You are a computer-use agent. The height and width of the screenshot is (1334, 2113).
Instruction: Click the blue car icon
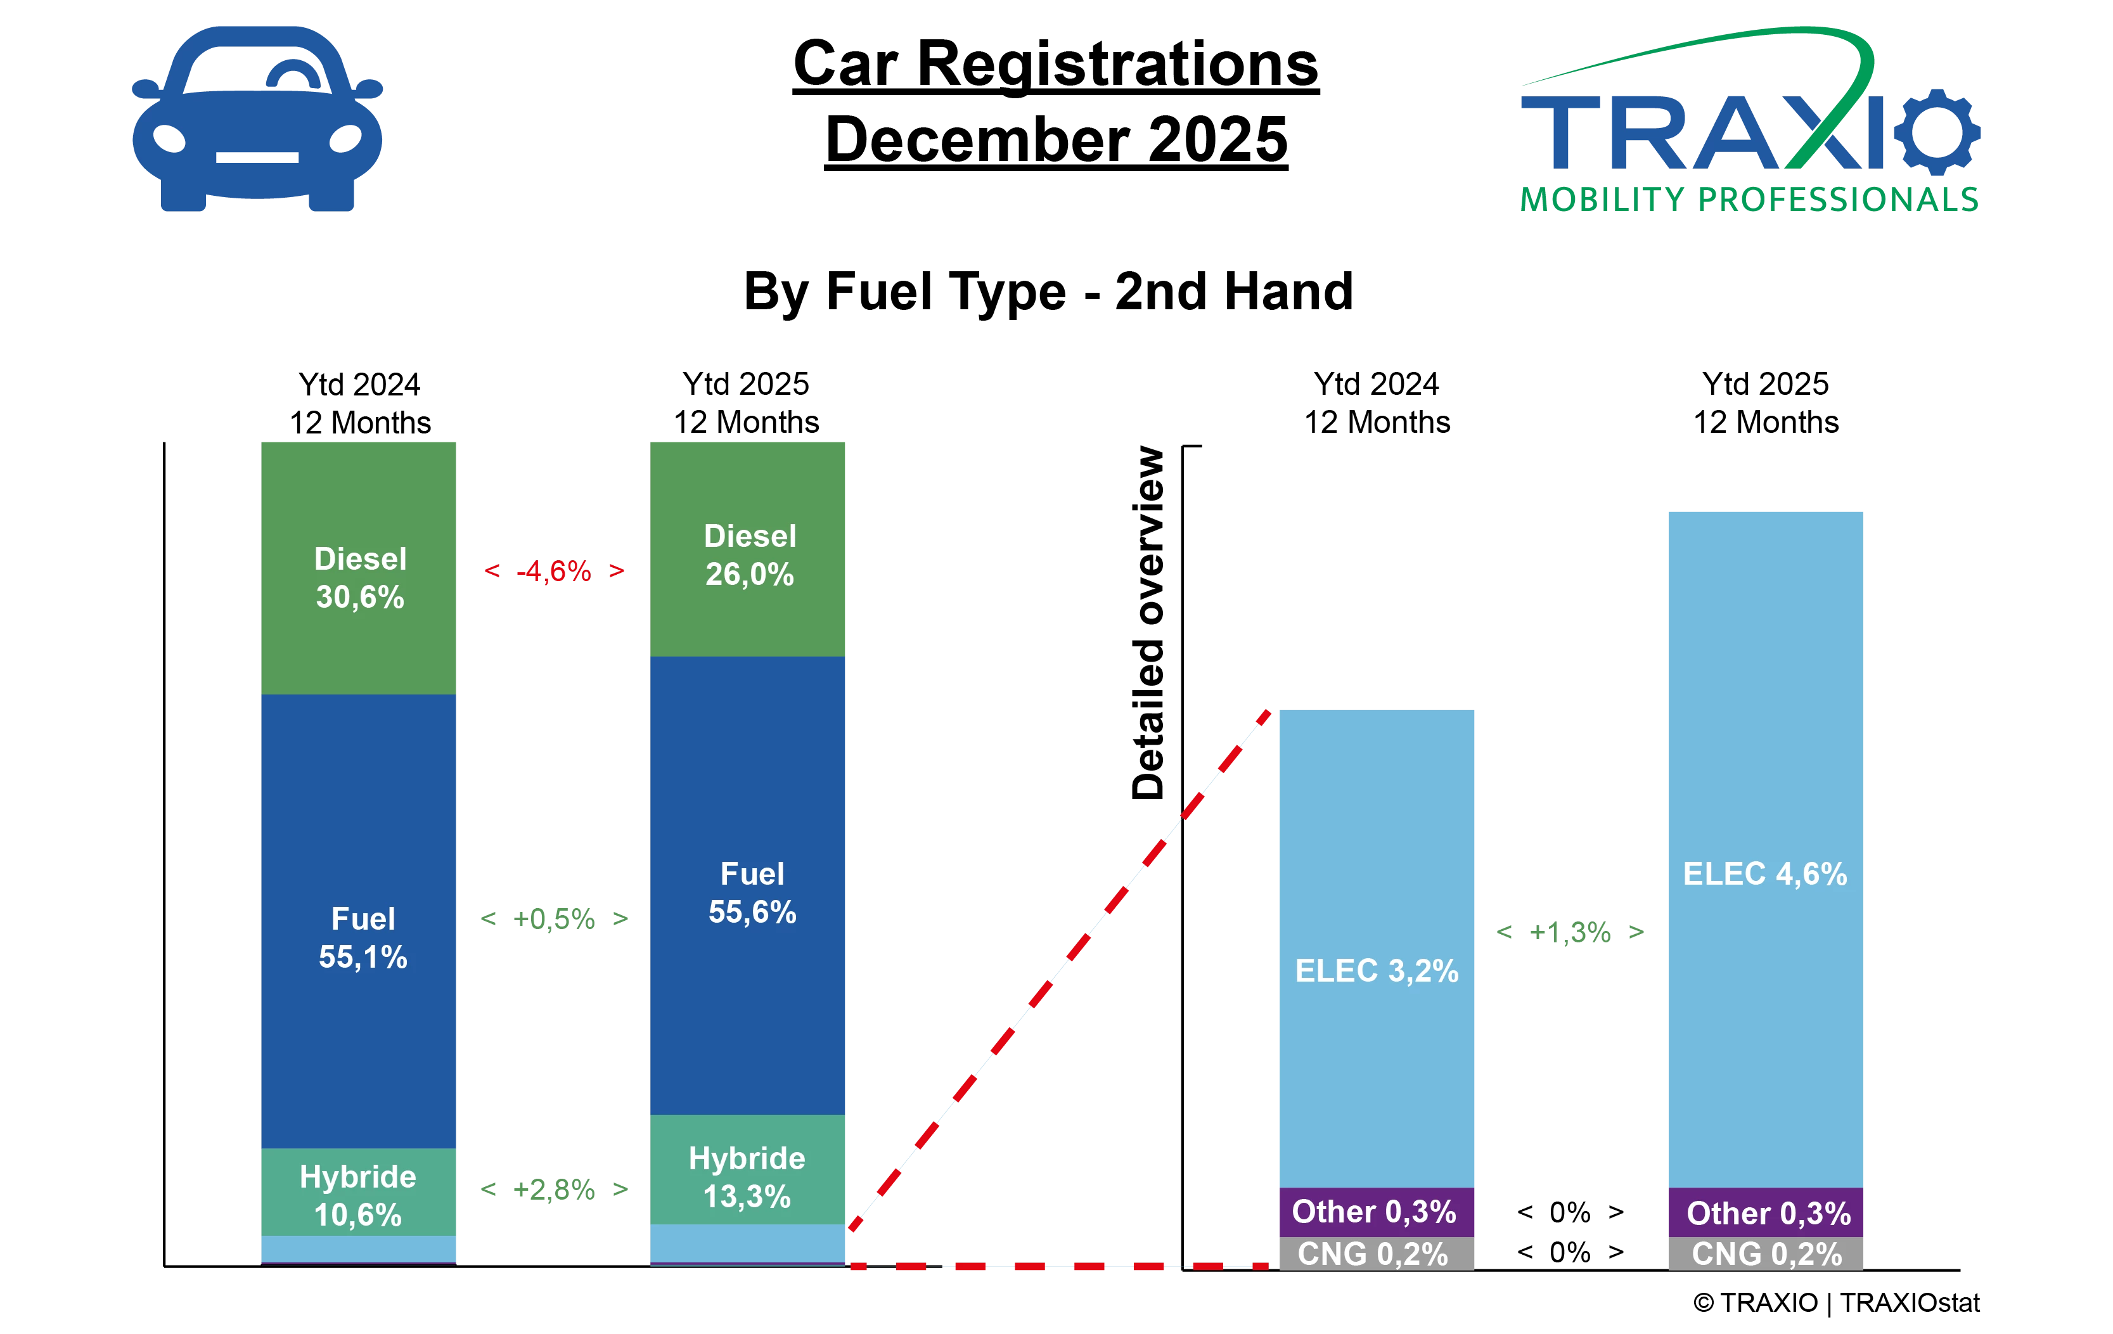point(257,119)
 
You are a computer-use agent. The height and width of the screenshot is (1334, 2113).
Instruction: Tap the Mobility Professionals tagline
point(1750,199)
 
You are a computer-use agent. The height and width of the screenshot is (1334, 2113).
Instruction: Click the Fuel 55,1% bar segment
point(358,921)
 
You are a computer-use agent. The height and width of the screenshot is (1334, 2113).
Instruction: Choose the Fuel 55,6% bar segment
point(748,887)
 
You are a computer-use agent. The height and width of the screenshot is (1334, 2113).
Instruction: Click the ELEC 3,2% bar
point(1376,948)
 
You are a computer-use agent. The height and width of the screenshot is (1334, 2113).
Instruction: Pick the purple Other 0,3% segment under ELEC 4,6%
point(1766,1213)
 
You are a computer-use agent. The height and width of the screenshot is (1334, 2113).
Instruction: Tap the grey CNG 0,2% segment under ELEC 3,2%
point(1375,1254)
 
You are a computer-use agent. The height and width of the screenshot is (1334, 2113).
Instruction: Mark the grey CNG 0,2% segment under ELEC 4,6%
point(1766,1254)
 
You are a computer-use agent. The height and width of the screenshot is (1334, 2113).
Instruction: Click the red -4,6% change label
point(555,572)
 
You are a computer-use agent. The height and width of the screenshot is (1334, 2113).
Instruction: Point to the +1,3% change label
point(1570,932)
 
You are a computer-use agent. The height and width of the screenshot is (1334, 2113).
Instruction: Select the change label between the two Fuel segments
point(555,919)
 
